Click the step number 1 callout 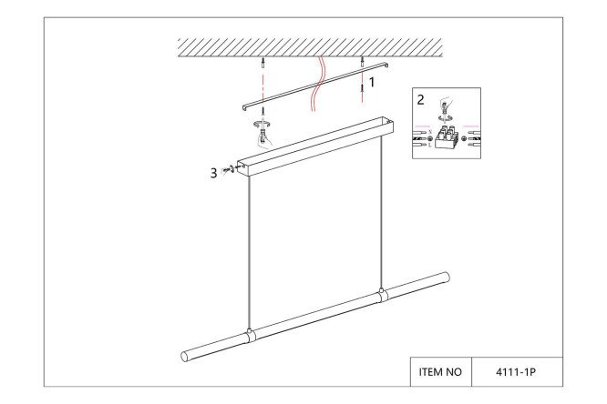tap(372, 82)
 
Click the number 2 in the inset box tap(420, 100)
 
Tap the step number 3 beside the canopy tap(213, 173)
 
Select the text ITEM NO tap(440, 372)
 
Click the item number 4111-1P tap(516, 372)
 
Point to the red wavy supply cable tap(319, 84)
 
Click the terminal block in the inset tap(447, 136)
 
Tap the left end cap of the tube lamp tap(185, 357)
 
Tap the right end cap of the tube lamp tap(446, 278)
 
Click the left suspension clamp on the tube tap(250, 336)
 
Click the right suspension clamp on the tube tap(382, 295)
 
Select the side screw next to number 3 tap(228, 169)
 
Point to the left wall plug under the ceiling tap(263, 62)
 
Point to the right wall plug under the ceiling tap(363, 60)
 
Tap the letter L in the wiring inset tap(429, 145)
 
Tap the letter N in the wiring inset tap(430, 132)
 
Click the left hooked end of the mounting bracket tap(245, 107)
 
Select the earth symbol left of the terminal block tap(429, 138)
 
